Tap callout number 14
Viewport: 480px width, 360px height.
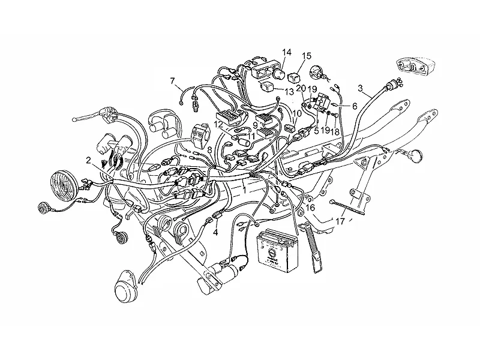click(x=287, y=52)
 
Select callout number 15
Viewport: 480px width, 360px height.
click(x=307, y=56)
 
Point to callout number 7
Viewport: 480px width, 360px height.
click(x=172, y=81)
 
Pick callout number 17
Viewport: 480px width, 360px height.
click(x=340, y=221)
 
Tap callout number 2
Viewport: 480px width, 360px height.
click(x=88, y=160)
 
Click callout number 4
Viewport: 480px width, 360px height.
click(x=215, y=233)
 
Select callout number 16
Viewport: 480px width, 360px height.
click(x=310, y=208)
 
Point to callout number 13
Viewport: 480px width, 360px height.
click(x=289, y=91)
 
